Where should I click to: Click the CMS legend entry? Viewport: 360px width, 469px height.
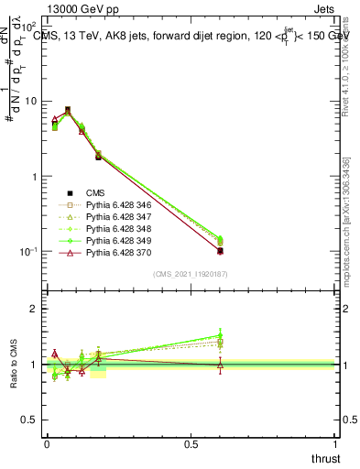coord(96,192)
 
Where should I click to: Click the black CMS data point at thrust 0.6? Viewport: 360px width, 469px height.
coord(220,251)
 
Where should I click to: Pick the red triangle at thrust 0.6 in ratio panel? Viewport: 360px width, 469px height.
coord(220,365)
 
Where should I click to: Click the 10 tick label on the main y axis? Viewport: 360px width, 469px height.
coord(33,101)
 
